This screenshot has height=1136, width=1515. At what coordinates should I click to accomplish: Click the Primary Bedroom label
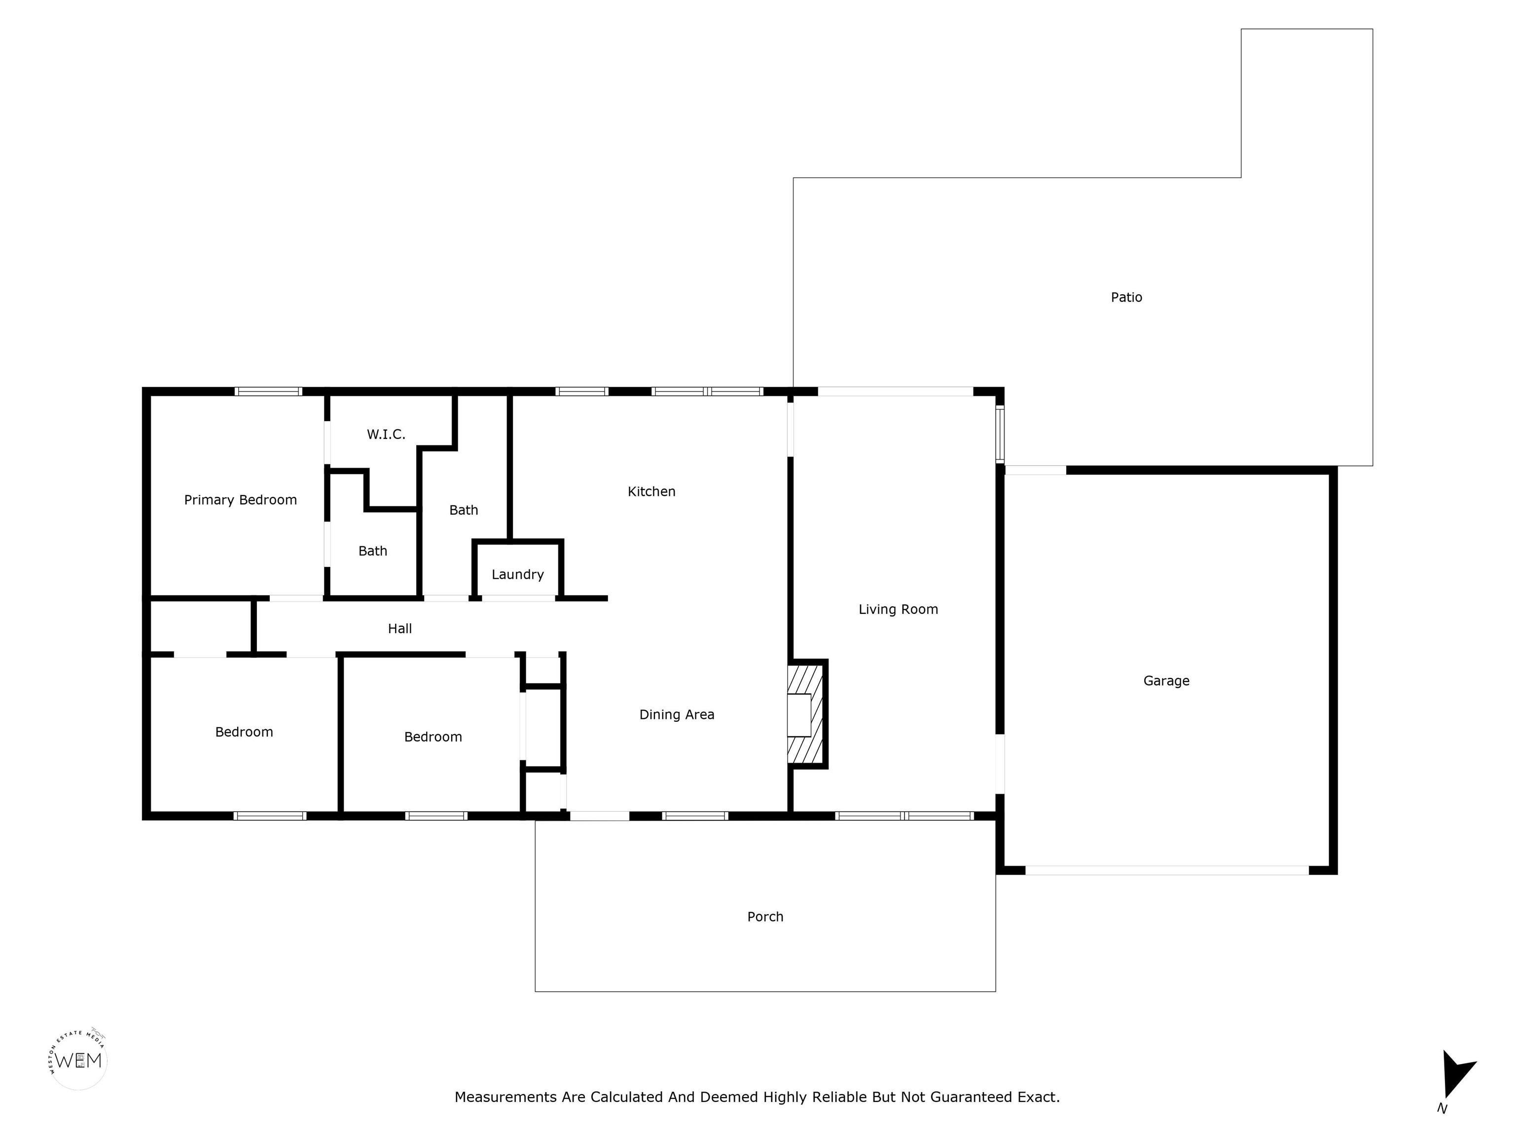[x=240, y=500]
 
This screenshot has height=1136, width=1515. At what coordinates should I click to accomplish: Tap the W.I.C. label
[x=386, y=434]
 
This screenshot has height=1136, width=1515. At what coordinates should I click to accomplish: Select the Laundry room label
[x=518, y=574]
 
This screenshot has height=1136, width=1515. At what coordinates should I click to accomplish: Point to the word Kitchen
[x=651, y=492]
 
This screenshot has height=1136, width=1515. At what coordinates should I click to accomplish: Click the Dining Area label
[x=677, y=715]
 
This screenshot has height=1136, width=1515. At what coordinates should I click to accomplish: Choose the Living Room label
[x=899, y=609]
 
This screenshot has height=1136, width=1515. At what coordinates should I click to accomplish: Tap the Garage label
[x=1166, y=680]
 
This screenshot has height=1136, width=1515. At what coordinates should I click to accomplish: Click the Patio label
[x=1127, y=297]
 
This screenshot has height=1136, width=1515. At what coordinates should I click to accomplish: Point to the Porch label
[x=765, y=917]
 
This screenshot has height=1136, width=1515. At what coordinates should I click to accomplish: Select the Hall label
[x=400, y=629]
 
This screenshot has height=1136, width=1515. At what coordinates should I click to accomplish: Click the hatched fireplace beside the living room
[x=807, y=714]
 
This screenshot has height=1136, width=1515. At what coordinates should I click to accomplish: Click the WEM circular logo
[x=78, y=1061]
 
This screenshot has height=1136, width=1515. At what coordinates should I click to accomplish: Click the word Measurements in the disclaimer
[x=506, y=1098]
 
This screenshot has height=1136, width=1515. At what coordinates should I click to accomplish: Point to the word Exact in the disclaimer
[x=1039, y=1098]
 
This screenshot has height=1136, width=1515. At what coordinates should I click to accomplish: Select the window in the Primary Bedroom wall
[x=268, y=391]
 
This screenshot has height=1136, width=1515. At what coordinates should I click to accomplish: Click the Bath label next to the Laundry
[x=464, y=510]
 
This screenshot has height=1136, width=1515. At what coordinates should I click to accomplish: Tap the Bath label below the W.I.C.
[x=373, y=551]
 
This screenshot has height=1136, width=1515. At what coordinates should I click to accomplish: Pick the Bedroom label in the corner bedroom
[x=244, y=732]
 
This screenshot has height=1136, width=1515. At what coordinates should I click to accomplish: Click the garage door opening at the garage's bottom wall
[x=1167, y=870]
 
